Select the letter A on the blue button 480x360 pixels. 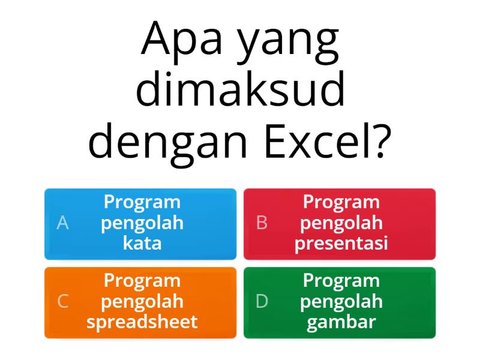(62, 223)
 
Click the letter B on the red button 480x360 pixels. (262, 223)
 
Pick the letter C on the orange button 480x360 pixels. (62, 302)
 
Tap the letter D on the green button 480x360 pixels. (262, 302)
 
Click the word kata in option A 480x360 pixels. (142, 244)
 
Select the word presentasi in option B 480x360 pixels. (341, 244)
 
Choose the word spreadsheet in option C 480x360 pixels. (142, 322)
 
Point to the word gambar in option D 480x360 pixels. (341, 322)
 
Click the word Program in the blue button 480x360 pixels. (142, 202)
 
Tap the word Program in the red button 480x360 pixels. (341, 202)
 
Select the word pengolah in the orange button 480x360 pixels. (142, 302)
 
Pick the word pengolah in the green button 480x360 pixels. (341, 302)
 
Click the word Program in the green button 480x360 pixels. (341, 281)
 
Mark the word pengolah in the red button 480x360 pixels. (341, 223)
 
